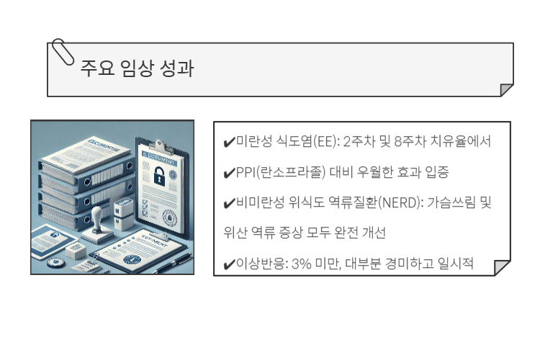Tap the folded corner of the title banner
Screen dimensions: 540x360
point(506,90)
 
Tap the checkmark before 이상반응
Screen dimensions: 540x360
point(230,264)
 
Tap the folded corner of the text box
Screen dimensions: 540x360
point(503,268)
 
